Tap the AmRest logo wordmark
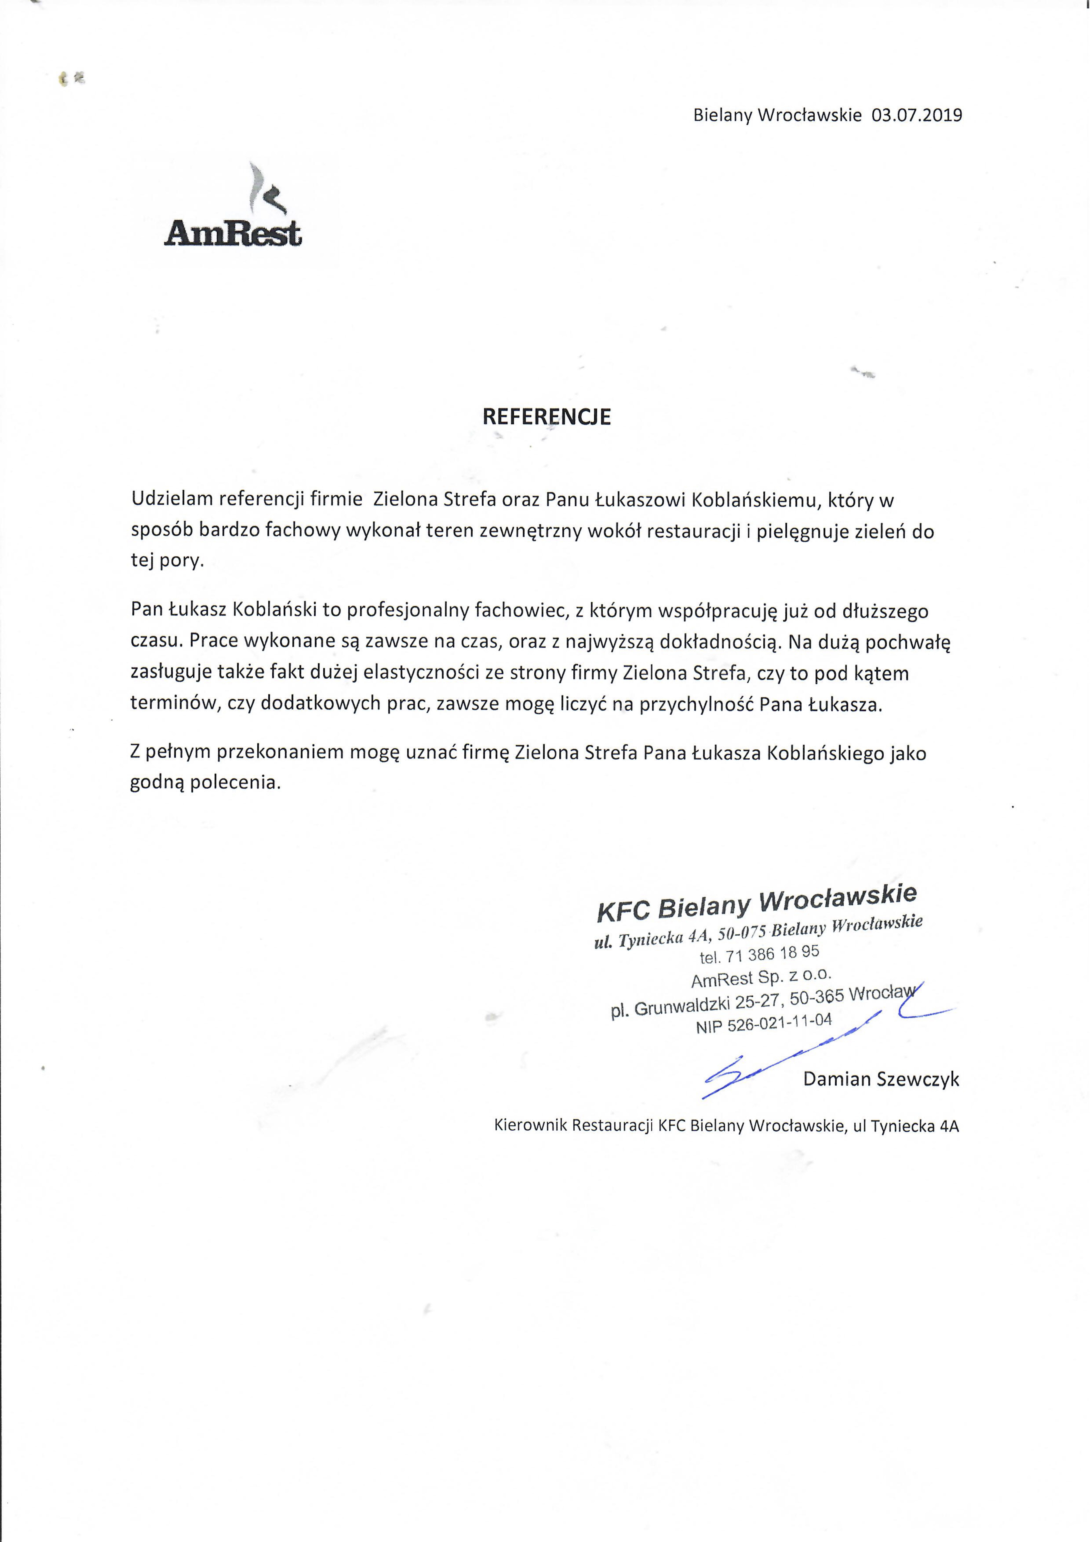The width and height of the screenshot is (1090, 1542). click(233, 233)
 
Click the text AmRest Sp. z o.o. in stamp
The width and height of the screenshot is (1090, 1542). click(761, 977)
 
